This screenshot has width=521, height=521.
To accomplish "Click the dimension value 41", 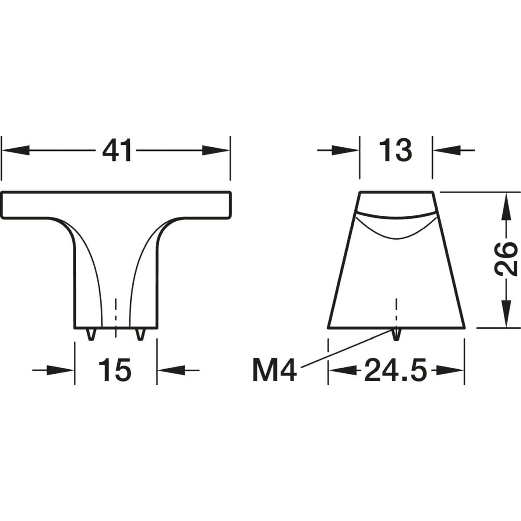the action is point(117,150).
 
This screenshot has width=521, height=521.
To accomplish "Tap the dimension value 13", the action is point(396,150).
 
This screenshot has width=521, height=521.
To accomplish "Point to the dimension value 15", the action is point(115,370).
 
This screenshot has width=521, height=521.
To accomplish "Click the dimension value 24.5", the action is point(396,370).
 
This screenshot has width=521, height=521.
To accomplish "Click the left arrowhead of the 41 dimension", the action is point(16,150).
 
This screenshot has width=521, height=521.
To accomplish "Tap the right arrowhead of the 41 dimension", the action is point(216,150).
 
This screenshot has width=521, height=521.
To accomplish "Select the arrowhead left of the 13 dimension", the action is point(345,150).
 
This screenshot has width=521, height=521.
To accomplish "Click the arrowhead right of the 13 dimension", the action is point(447,150).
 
